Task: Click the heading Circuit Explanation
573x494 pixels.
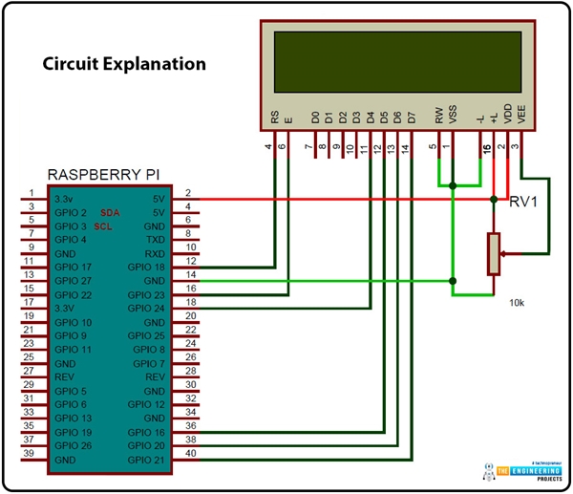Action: [124, 65]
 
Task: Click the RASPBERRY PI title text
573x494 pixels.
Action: [106, 175]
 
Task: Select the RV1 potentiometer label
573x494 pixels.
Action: [523, 202]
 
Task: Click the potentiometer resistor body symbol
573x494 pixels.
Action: [493, 252]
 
